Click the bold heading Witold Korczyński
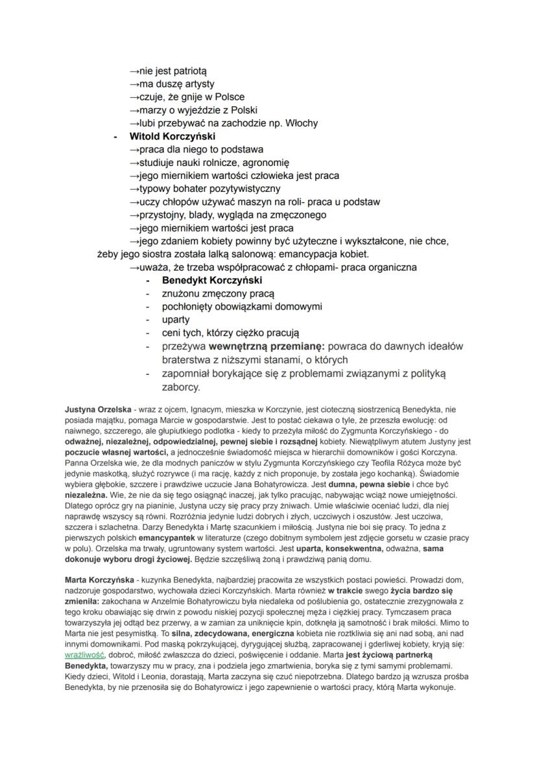tap(172, 136)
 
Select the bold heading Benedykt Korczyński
tap(211, 280)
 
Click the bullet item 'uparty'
tap(176, 320)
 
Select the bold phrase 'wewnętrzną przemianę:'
tap(263, 346)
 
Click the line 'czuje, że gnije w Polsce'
tap(187, 97)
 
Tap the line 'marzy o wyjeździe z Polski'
tap(193, 110)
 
